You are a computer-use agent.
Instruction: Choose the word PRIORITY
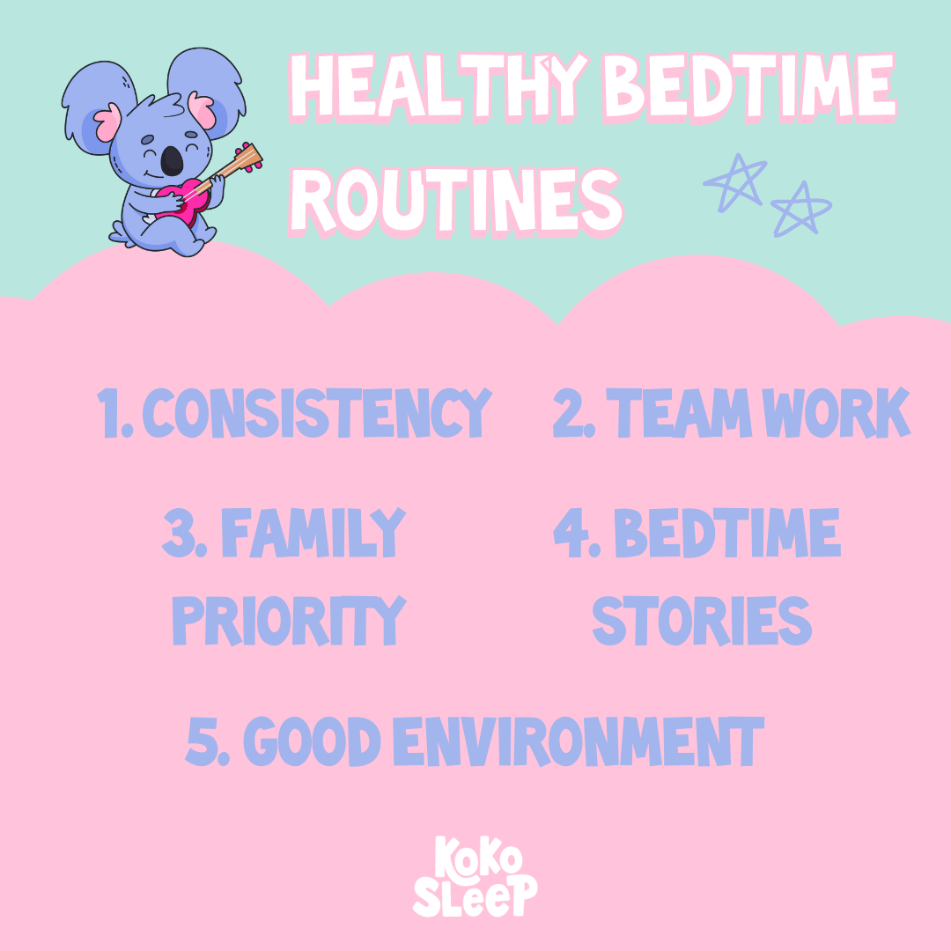coord(288,621)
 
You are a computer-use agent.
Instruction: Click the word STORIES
coord(701,621)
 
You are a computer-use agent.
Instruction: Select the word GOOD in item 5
coord(312,741)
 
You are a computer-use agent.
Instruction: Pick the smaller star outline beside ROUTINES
coord(801,210)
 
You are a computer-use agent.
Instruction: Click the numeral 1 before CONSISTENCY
coord(109,413)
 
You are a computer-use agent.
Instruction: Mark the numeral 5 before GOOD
coord(203,741)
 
